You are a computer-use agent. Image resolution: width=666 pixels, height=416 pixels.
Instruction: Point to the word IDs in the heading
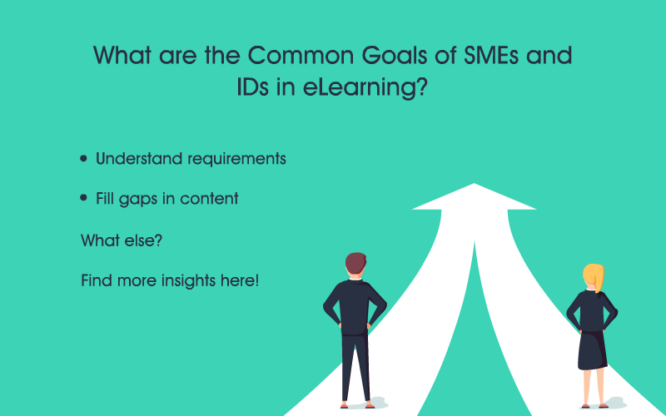[x=256, y=87]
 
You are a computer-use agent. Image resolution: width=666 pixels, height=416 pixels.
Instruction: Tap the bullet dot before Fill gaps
[x=84, y=199]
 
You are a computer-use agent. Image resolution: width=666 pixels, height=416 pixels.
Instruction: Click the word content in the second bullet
[x=211, y=199]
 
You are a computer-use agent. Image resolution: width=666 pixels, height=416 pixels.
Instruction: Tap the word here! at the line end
[x=241, y=280]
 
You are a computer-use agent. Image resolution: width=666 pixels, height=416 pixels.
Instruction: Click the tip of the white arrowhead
[x=475, y=185]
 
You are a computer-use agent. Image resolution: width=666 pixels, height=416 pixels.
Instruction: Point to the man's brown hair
[x=355, y=262]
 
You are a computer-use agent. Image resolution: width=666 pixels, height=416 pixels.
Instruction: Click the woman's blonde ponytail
[x=597, y=278]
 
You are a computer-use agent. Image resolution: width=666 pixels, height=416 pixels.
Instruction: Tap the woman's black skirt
[x=592, y=349]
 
